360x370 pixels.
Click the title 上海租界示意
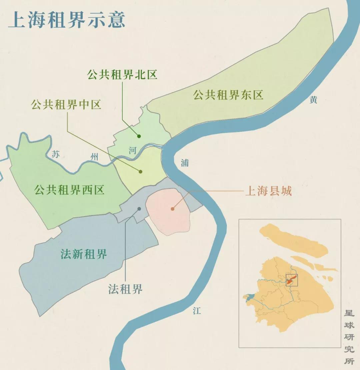coord(66,20)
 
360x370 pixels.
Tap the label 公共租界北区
coord(122,75)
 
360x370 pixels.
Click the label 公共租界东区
coord(228,95)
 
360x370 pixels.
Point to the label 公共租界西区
coord(69,190)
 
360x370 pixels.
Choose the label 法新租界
coord(84,254)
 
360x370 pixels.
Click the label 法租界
coord(125,289)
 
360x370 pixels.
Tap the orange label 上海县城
coord(268,191)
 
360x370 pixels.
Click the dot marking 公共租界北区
coord(139,136)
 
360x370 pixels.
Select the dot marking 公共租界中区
coord(140,171)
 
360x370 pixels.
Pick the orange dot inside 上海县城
coord(172,209)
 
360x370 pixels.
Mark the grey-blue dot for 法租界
coord(139,209)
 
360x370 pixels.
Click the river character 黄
coord(313,100)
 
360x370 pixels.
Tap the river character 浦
coord(185,163)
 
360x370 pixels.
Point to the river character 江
coord(197,311)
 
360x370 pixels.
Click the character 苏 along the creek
coord(56,154)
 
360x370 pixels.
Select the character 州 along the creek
coord(95,157)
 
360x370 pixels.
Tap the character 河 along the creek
coord(132,150)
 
